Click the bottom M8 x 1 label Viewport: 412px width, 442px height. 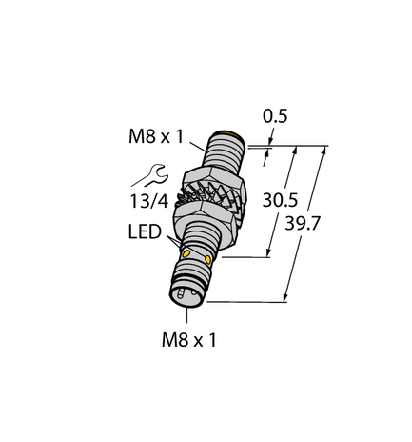coord(186,340)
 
